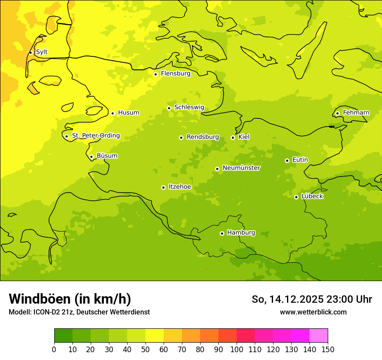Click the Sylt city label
[x=42, y=52]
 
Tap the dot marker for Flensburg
[x=155, y=74]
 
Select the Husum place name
[x=128, y=113]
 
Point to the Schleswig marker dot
[x=169, y=108]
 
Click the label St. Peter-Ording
[x=96, y=136]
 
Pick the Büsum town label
[x=107, y=156]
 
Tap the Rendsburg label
[x=203, y=137]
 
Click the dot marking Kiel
[x=233, y=137]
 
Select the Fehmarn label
[x=356, y=113]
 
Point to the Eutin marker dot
[x=287, y=160]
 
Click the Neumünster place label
[x=241, y=168]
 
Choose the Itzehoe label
[x=180, y=187]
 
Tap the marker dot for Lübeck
[x=296, y=197]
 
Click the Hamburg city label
[x=241, y=233]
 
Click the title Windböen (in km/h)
[x=70, y=299]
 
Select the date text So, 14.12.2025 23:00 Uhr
[x=312, y=299]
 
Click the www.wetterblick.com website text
[x=313, y=312]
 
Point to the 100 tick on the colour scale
[x=237, y=349]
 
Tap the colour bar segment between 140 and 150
[x=319, y=336]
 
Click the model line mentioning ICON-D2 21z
[x=79, y=312]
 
